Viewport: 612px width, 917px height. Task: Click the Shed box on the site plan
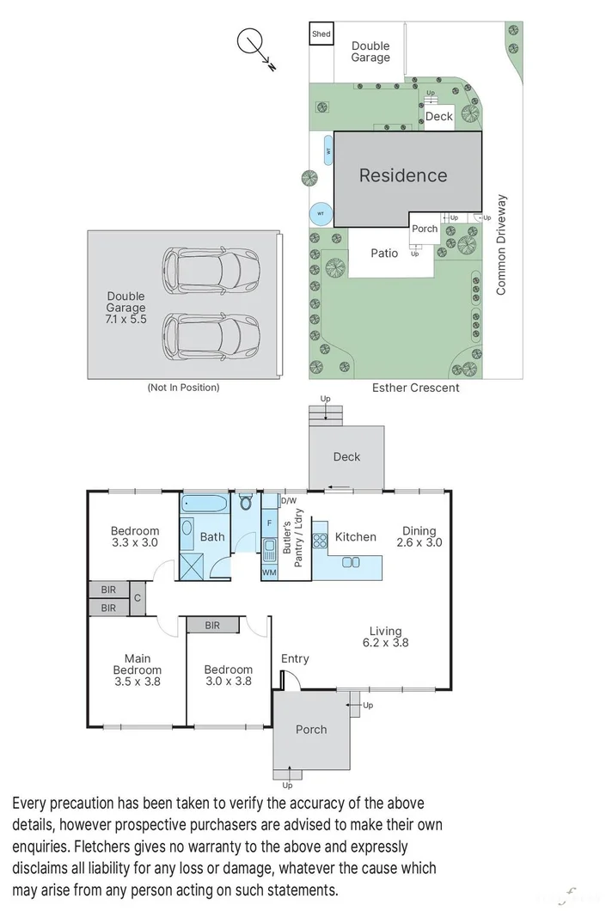point(321,34)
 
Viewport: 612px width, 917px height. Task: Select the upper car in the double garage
point(211,269)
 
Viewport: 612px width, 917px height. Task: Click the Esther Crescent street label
point(416,388)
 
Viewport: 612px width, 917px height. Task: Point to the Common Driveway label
point(501,245)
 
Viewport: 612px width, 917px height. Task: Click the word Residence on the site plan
point(402,175)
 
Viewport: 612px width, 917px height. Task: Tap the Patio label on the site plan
point(384,254)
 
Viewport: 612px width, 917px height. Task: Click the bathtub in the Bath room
point(205,504)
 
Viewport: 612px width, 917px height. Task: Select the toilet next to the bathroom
point(246,502)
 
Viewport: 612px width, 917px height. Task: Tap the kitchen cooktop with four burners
point(320,541)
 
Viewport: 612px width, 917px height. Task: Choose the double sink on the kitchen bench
point(350,562)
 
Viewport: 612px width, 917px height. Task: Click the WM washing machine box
point(269,572)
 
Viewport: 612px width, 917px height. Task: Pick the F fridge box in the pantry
point(269,523)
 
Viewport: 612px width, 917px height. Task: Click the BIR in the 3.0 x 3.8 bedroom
point(212,626)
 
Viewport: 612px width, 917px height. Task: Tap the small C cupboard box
point(137,598)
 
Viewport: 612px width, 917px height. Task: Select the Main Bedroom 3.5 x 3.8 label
point(137,669)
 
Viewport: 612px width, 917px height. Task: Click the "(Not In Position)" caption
point(183,388)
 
